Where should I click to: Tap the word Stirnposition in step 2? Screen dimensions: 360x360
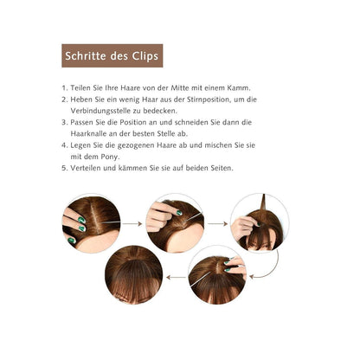coord(203,100)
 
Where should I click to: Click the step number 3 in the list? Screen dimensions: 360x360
coord(64,122)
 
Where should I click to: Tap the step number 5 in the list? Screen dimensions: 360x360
coord(64,168)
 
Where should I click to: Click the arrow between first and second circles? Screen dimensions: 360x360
coord(132,223)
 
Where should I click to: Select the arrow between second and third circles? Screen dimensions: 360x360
coord(217,223)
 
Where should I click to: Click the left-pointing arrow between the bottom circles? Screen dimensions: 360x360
coord(177,277)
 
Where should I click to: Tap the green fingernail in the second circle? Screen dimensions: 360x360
coord(179,213)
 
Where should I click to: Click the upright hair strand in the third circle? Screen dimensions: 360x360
coord(263,203)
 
